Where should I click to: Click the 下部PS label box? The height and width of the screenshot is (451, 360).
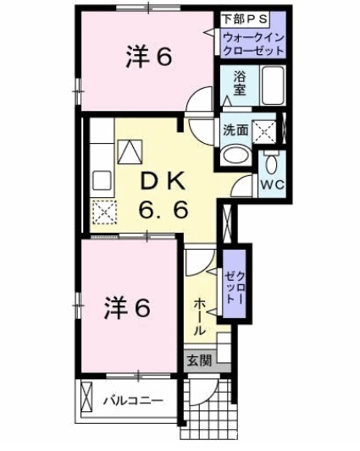[245, 19]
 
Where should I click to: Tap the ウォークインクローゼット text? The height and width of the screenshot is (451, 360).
[254, 44]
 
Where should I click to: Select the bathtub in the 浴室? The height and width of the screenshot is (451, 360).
[273, 85]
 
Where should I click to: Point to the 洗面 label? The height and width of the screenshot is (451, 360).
[235, 130]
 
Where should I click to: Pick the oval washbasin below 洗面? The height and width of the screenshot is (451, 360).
[235, 155]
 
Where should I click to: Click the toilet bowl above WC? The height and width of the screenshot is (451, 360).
[271, 164]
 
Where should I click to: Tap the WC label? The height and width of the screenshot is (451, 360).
[272, 184]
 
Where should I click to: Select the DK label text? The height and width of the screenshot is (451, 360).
[163, 181]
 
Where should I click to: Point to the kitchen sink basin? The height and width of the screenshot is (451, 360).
[102, 180]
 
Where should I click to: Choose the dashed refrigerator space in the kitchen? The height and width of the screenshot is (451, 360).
[104, 212]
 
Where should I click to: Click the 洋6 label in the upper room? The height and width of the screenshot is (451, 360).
[149, 57]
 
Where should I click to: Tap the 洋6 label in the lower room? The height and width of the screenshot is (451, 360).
[127, 308]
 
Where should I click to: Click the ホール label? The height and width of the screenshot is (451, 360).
[199, 316]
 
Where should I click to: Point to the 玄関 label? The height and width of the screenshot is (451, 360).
[200, 360]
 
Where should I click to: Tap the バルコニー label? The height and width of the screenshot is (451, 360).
[133, 401]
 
